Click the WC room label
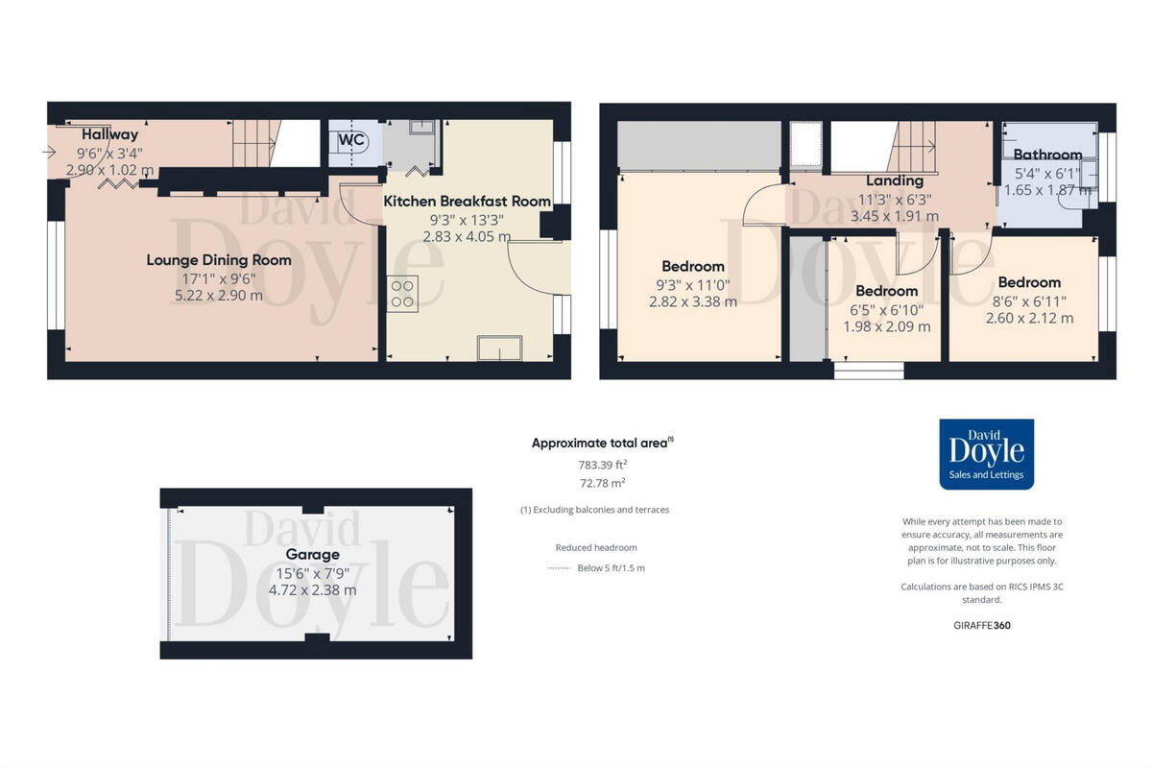point(350,139)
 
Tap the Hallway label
point(109,134)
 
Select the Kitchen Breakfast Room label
point(467,202)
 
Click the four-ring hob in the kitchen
point(403,293)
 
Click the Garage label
point(312,555)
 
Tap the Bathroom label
point(1047,155)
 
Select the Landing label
point(894,180)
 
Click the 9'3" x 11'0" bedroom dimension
point(693,284)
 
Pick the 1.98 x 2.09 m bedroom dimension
point(886,326)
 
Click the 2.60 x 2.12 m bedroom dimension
point(1029,318)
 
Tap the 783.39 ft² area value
point(602,466)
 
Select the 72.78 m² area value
point(602,483)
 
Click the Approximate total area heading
point(602,443)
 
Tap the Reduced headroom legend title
point(595,548)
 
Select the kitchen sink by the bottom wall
point(500,348)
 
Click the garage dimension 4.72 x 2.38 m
point(312,590)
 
